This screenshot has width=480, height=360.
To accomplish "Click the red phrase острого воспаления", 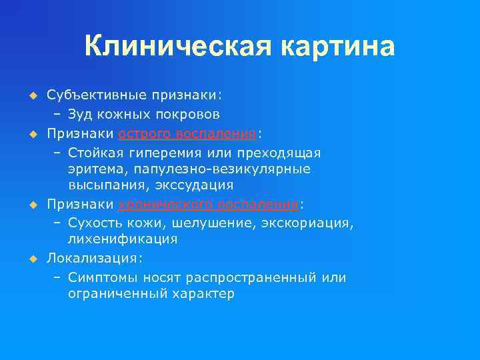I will pyautogui.click(x=187, y=133).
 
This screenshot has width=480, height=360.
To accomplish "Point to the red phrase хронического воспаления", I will pyautogui.click(x=209, y=203).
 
